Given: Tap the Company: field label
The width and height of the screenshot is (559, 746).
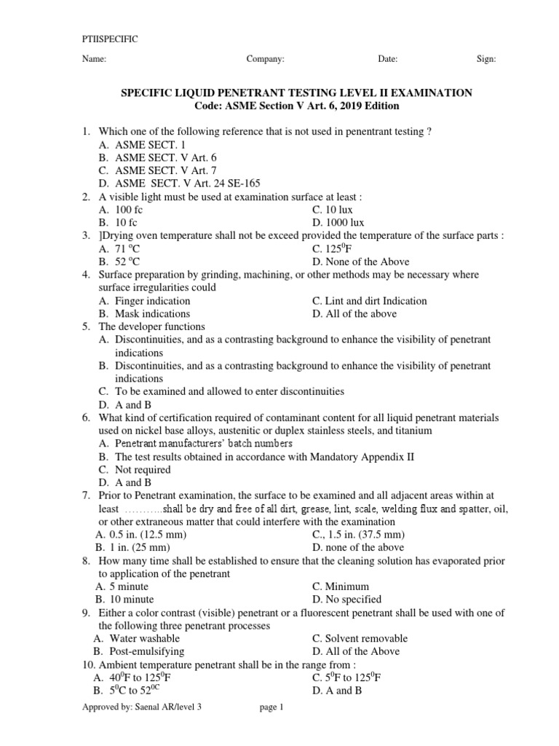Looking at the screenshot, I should pyautogui.click(x=266, y=60).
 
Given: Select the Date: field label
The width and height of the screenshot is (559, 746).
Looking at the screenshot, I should pyautogui.click(x=387, y=60).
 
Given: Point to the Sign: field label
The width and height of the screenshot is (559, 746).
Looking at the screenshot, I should pyautogui.click(x=486, y=60).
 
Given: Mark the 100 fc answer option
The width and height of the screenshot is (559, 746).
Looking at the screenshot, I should pyautogui.click(x=129, y=210).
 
